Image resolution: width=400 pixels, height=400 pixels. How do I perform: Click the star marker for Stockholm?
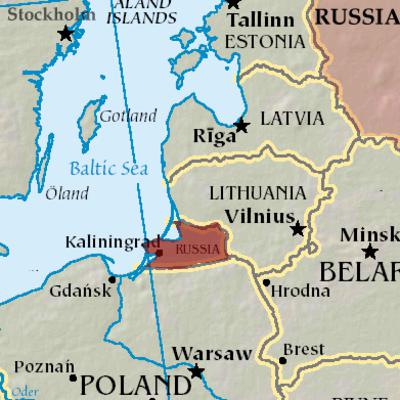click(x=66, y=34)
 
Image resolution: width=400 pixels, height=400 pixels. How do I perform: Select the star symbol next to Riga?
click(x=241, y=126)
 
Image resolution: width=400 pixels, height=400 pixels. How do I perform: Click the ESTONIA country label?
click(x=265, y=42)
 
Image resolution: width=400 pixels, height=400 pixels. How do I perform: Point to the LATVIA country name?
click(x=292, y=119)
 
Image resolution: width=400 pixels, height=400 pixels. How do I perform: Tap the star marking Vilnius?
click(x=297, y=230)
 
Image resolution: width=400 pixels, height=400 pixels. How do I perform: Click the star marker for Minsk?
click(x=369, y=251)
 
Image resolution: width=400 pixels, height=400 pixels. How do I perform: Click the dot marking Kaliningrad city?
click(x=159, y=253)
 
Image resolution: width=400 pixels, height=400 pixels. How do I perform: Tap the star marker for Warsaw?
click(x=197, y=372)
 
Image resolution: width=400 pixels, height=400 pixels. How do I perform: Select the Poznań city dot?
click(x=73, y=378)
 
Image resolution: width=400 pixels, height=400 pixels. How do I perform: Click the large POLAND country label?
click(x=133, y=384)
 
